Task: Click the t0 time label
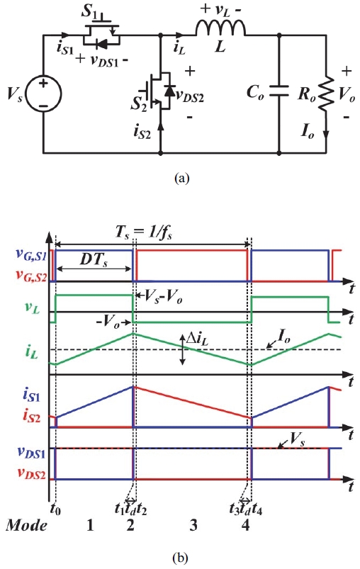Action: [55, 507]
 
